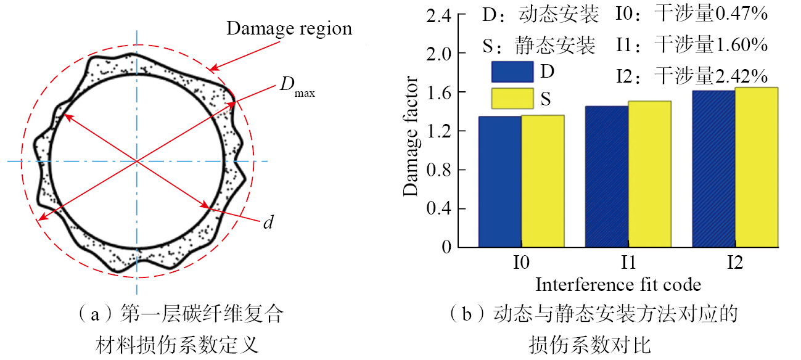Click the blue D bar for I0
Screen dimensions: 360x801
(x=500, y=181)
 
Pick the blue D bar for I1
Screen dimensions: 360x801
(x=607, y=176)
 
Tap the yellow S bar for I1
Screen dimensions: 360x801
(x=650, y=174)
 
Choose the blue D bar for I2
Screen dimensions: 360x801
(x=713, y=169)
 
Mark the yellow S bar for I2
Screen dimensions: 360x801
(x=757, y=167)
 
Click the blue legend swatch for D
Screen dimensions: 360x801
(x=512, y=72)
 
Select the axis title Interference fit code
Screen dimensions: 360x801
(x=618, y=284)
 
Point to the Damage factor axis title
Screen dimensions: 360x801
(x=411, y=137)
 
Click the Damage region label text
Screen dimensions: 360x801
(x=289, y=28)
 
